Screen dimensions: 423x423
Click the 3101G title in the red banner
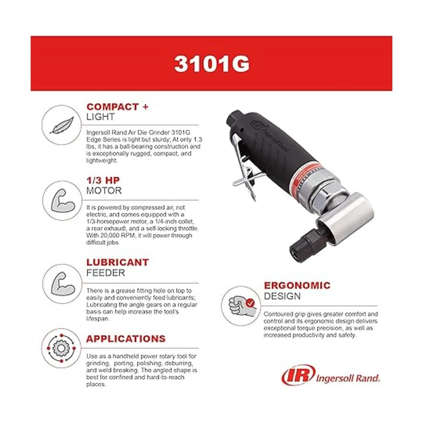pyautogui.click(x=211, y=64)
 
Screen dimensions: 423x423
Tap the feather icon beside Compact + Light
pyautogui.click(x=62, y=125)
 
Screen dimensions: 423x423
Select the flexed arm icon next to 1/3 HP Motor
pyautogui.click(x=62, y=201)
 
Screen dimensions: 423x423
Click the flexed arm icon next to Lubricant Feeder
pyautogui.click(x=62, y=284)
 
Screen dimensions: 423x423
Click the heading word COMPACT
pyautogui.click(x=112, y=107)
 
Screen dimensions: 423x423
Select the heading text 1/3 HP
pyautogui.click(x=103, y=180)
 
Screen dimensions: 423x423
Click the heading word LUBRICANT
pyautogui.click(x=118, y=262)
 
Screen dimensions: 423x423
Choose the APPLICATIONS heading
pyautogui.click(x=126, y=339)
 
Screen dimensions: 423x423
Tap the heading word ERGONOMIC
pyautogui.click(x=297, y=286)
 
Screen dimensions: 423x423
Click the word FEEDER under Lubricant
pyautogui.click(x=106, y=273)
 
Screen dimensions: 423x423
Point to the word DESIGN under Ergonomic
pyautogui.click(x=282, y=296)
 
